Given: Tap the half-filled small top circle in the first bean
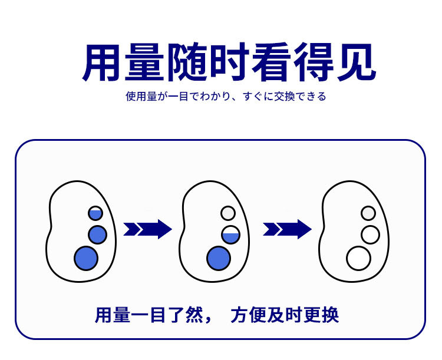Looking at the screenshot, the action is click(95, 213).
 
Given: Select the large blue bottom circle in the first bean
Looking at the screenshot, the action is click(86, 258).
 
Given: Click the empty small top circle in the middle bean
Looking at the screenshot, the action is click(228, 213).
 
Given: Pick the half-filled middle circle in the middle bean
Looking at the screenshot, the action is click(230, 235).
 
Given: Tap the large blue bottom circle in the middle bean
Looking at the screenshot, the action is click(219, 258).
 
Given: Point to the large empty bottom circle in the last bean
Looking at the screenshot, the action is click(358, 258).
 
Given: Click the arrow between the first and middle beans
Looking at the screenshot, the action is click(147, 229).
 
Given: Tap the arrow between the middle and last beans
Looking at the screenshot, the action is click(287, 229).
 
